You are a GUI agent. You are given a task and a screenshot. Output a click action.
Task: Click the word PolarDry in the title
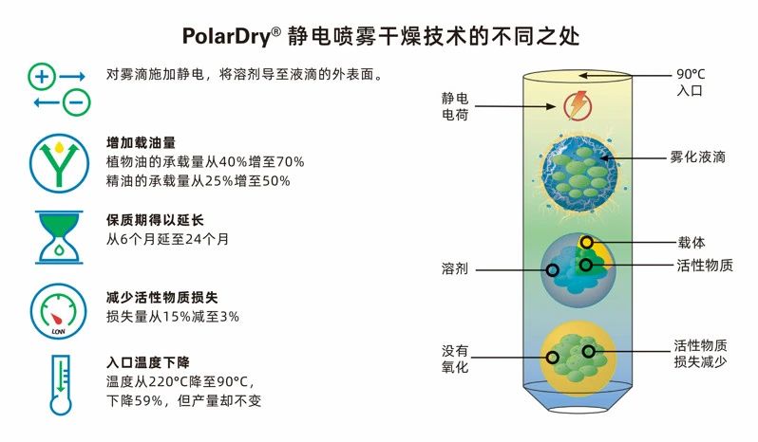point(225,35)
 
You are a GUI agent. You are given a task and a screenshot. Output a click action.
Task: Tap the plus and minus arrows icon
point(59,88)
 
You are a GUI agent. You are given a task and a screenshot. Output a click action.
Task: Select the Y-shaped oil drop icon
point(60,159)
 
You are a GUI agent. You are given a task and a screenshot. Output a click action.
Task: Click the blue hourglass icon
point(60,235)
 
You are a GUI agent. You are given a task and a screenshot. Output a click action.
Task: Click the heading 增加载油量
point(142,143)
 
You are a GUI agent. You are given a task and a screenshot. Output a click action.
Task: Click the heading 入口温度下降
point(147,363)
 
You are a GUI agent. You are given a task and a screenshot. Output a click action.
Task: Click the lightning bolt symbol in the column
point(577,103)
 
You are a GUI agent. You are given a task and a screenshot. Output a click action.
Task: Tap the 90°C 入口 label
point(692,83)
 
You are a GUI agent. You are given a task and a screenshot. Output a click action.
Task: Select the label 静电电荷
point(455,106)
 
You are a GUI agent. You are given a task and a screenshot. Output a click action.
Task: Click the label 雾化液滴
point(698,157)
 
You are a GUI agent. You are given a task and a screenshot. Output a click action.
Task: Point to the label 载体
point(692,242)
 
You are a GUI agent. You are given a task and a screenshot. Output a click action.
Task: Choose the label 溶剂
point(455,269)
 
